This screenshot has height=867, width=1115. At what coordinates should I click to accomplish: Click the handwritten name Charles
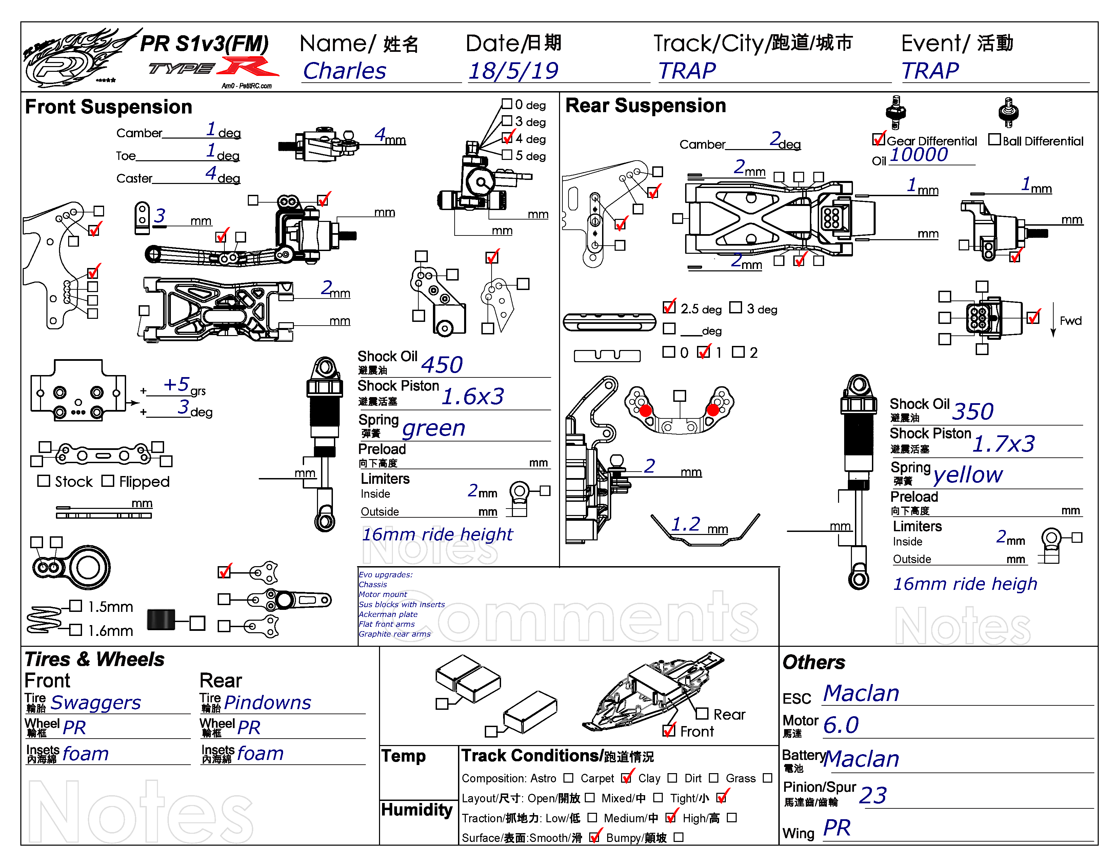coord(345,71)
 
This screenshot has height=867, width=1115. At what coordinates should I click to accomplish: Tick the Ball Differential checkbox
coord(994,139)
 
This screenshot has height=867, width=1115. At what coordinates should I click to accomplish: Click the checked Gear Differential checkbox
coord(878,139)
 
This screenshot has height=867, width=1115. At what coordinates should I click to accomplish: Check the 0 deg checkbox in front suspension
coord(506,104)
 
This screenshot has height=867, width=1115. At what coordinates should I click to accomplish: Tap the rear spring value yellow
coord(968,475)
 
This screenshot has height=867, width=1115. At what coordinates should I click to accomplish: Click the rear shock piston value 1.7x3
coord(1003,444)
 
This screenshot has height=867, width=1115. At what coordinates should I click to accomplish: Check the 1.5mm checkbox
coord(76,606)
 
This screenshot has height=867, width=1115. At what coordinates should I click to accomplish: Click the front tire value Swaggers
coord(96,703)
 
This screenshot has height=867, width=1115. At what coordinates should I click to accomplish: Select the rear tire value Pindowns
coord(267,703)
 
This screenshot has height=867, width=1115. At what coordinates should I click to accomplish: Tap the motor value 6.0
coord(841,725)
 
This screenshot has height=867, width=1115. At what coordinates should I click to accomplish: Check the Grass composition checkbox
coord(767,778)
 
